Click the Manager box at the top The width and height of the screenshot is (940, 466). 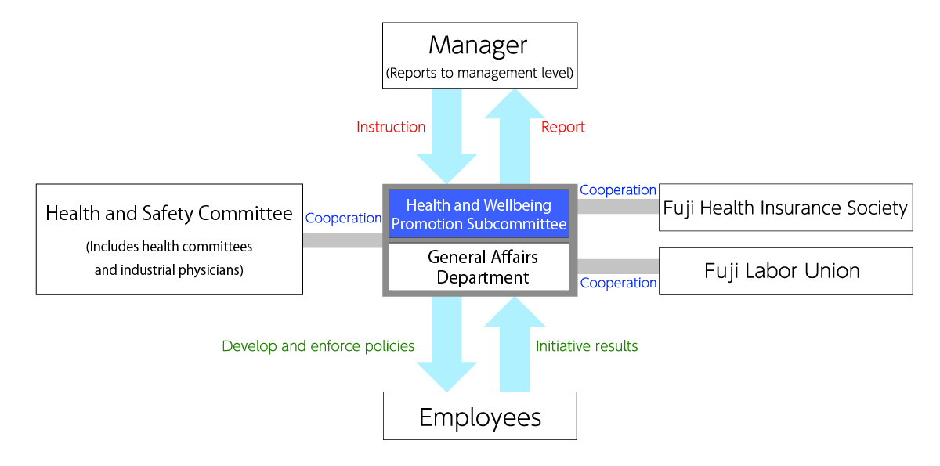click(479, 56)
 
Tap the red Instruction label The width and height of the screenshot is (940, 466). click(391, 127)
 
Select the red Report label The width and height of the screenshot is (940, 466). click(562, 127)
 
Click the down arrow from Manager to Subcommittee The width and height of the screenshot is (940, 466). click(446, 136)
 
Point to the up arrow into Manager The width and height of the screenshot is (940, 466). click(515, 136)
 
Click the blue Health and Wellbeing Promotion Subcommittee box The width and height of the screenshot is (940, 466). click(479, 214)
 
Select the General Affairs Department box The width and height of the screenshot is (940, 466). click(479, 267)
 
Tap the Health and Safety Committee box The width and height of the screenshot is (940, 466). click(169, 239)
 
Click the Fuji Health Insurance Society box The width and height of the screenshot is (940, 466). click(786, 208)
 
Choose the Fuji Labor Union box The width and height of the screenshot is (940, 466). click(786, 271)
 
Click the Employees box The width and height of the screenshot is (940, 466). click(479, 416)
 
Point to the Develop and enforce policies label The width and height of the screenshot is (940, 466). click(318, 346)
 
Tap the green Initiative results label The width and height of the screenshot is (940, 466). click(587, 346)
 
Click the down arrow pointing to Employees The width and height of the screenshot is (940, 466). click(446, 344)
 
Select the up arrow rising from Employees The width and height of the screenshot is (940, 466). click(515, 344)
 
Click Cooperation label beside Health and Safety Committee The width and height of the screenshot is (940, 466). click(343, 218)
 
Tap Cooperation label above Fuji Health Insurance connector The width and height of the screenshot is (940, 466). click(618, 190)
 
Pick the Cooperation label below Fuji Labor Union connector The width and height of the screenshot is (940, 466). click(618, 283)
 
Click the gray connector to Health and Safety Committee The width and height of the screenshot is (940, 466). click(343, 240)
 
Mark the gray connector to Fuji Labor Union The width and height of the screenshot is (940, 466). click(618, 266)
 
